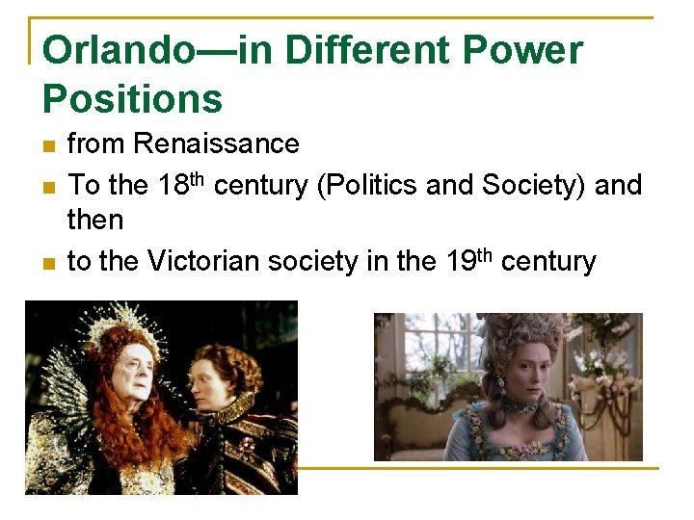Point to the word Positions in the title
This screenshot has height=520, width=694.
(x=133, y=98)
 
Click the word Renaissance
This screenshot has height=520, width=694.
(x=217, y=144)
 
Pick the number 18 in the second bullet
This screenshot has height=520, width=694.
(x=173, y=184)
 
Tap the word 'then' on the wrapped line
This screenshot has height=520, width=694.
(x=95, y=221)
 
